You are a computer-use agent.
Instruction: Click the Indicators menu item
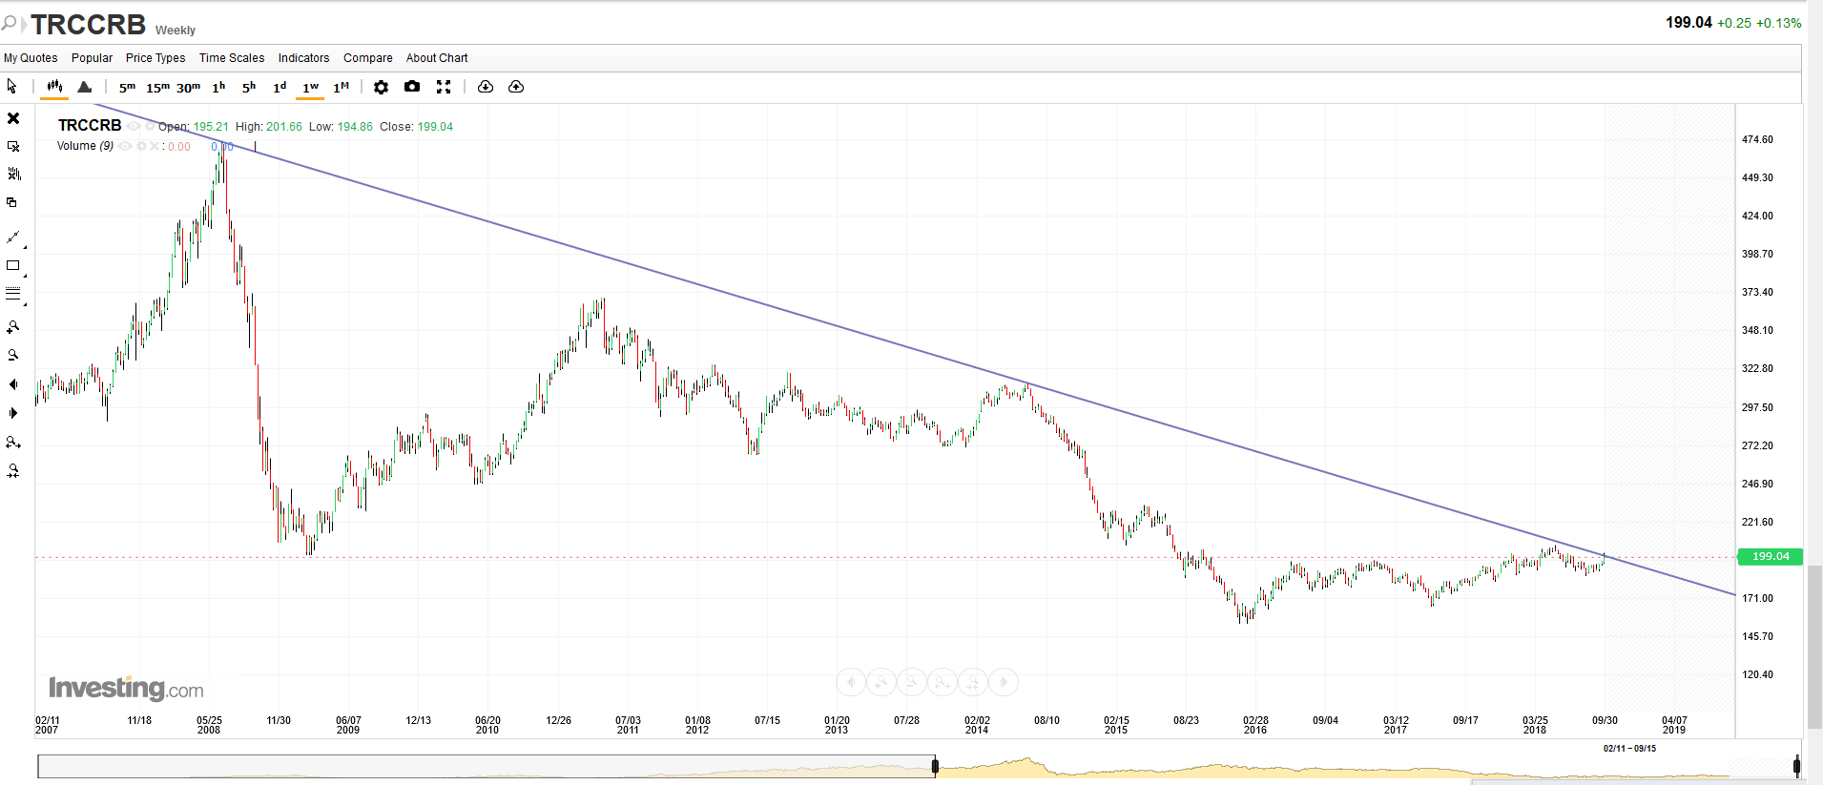tap(303, 58)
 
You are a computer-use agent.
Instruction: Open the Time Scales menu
tap(232, 58)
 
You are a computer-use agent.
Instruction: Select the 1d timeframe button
tap(280, 87)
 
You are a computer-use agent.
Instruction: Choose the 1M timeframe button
tap(341, 87)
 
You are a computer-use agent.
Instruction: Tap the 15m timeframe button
tap(157, 87)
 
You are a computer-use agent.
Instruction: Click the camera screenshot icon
tap(412, 87)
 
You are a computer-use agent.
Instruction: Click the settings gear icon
tap(381, 87)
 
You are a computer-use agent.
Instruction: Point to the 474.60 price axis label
tap(1757, 139)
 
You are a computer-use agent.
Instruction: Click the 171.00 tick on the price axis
tap(1757, 598)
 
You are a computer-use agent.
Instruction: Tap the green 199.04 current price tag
tap(1770, 556)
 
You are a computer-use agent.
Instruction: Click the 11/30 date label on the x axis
tap(279, 720)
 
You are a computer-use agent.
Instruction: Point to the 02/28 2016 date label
tap(1255, 725)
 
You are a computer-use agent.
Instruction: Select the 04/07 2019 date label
tap(1674, 725)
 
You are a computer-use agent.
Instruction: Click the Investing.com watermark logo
tap(126, 688)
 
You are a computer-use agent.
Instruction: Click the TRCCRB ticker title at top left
tap(88, 24)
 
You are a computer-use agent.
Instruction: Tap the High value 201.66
tap(283, 127)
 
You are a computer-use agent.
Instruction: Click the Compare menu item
tap(367, 58)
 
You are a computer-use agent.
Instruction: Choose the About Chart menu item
tap(437, 58)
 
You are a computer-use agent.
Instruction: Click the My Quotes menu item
tap(31, 58)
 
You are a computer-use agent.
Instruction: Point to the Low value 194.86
tap(355, 127)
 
